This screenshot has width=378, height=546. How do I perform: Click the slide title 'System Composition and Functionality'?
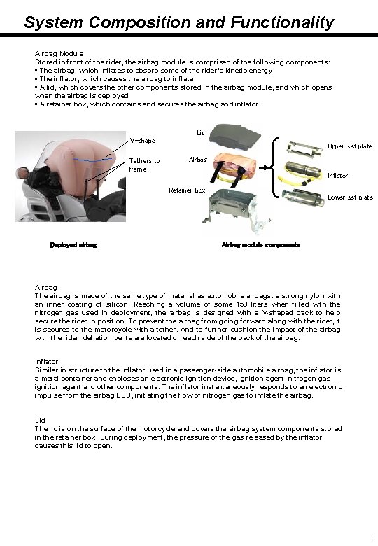179,22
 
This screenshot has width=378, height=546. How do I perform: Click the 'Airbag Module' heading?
59,53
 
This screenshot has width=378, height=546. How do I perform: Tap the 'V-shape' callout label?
142,141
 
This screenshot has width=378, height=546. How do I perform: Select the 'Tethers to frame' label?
144,164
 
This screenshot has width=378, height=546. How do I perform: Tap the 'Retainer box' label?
187,190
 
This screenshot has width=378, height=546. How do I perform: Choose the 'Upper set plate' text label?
349,146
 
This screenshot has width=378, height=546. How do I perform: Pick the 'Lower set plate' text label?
350,197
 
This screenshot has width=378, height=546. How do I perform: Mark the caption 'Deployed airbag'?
73,245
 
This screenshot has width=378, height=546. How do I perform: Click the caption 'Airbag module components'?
260,245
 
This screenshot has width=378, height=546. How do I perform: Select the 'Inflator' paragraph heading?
47,362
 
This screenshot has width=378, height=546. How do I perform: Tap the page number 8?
370,535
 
